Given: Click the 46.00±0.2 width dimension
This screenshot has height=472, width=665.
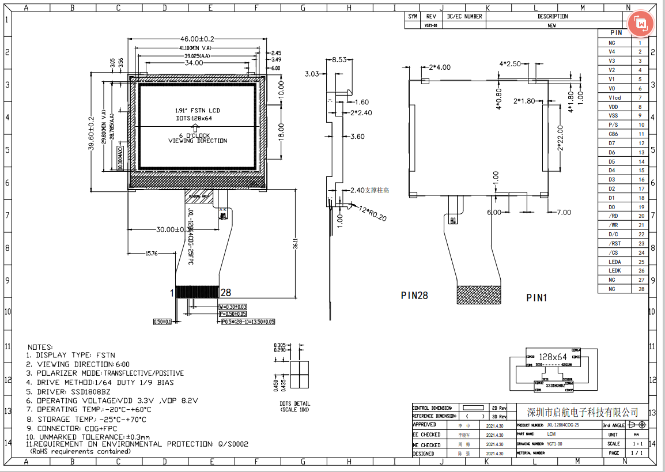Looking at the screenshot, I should (x=197, y=39).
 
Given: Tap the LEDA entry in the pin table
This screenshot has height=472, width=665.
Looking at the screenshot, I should (x=614, y=262).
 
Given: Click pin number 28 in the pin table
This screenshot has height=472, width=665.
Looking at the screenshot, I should (x=640, y=289).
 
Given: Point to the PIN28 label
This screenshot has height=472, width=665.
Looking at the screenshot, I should (x=414, y=296).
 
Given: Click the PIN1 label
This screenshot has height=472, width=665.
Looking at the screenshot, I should (x=536, y=298).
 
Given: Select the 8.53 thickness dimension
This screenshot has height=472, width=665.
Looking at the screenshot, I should (x=339, y=59).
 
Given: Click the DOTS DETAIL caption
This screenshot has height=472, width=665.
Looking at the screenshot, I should (x=295, y=403).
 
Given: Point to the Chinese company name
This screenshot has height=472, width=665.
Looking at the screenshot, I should (x=583, y=412).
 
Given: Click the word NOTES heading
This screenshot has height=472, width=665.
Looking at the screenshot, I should (x=40, y=346).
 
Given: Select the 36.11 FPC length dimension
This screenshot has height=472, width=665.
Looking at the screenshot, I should (x=295, y=244).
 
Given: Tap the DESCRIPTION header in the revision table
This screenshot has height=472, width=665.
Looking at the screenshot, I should (x=552, y=17).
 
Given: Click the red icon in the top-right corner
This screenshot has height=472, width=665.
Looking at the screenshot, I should (x=641, y=23).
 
